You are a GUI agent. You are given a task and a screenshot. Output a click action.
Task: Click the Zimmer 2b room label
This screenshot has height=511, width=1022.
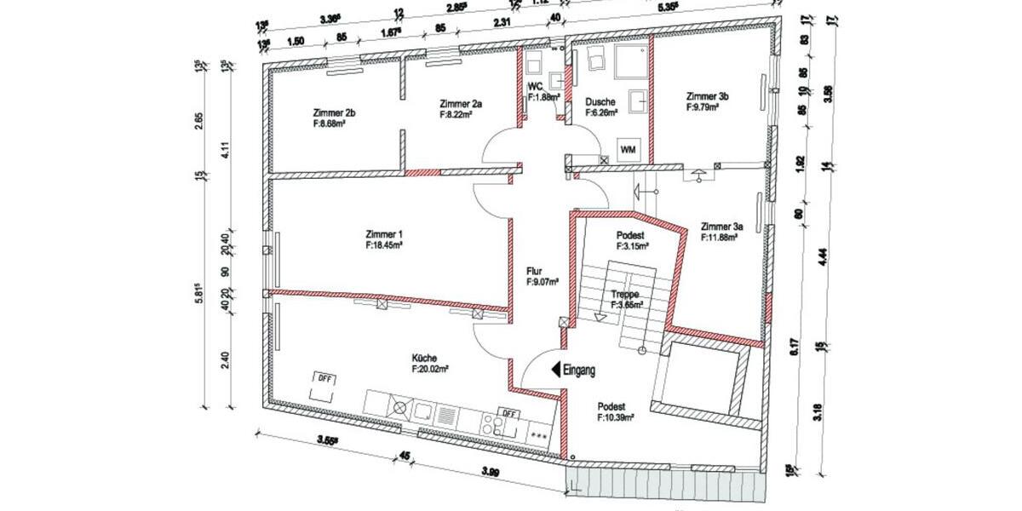[328, 112]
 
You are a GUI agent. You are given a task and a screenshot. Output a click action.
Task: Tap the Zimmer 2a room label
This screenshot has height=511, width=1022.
[461, 103]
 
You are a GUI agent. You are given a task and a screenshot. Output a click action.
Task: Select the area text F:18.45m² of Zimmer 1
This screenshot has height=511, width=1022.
[383, 244]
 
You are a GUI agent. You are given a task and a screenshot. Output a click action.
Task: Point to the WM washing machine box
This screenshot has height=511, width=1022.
[629, 150]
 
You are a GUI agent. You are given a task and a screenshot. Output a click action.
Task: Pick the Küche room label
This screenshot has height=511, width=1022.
[423, 359]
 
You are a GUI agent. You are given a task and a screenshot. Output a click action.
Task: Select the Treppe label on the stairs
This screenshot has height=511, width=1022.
[627, 294]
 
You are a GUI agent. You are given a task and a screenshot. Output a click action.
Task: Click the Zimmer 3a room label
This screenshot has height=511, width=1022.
[722, 227]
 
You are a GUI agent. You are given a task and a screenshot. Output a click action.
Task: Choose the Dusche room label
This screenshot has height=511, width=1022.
[600, 101]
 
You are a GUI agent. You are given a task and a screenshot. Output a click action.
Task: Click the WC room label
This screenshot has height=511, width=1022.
[536, 87]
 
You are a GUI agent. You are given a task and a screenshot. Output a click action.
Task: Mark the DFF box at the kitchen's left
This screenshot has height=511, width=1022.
[324, 377]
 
